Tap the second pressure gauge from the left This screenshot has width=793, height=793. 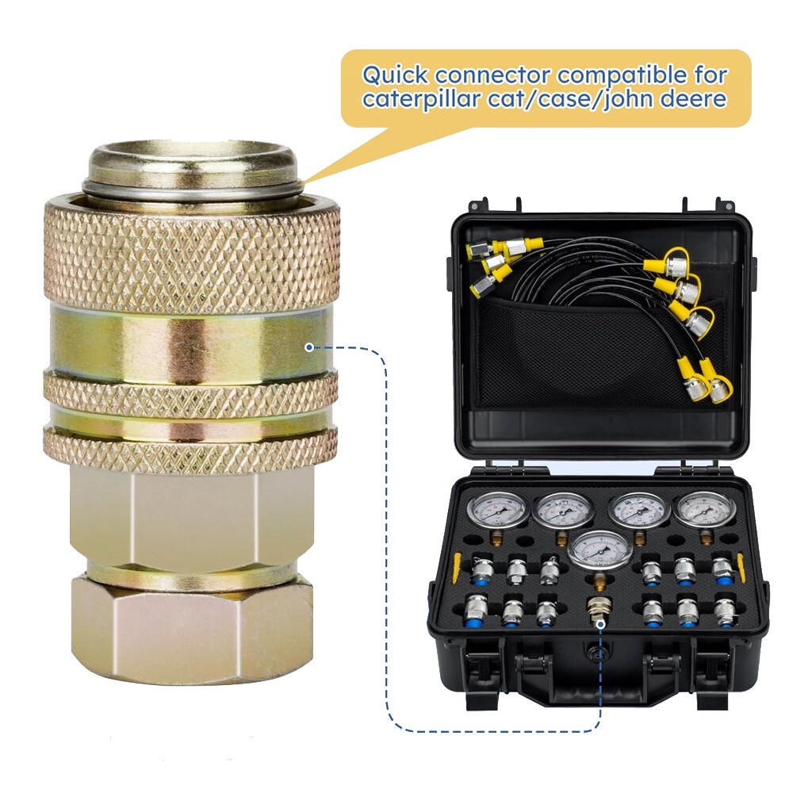pyautogui.click(x=564, y=511)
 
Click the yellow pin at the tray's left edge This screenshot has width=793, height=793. pyautogui.click(x=456, y=566)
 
